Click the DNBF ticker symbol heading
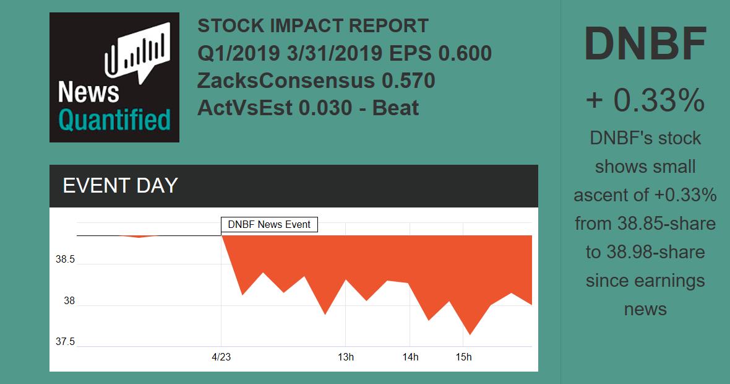coord(645,45)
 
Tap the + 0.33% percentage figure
coord(645,100)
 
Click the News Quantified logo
coord(114,77)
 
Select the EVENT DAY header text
coord(120,186)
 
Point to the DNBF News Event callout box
coord(269,224)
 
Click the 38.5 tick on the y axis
coord(65,260)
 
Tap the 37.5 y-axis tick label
coord(65,342)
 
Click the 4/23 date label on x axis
coord(221,357)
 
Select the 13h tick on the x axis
coord(345,357)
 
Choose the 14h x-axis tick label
coord(410,357)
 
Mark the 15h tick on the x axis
coord(463,357)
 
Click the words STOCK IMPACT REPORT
coord(312,26)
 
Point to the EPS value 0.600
coord(465,53)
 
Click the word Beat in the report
coord(395,108)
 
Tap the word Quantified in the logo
coord(114,120)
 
